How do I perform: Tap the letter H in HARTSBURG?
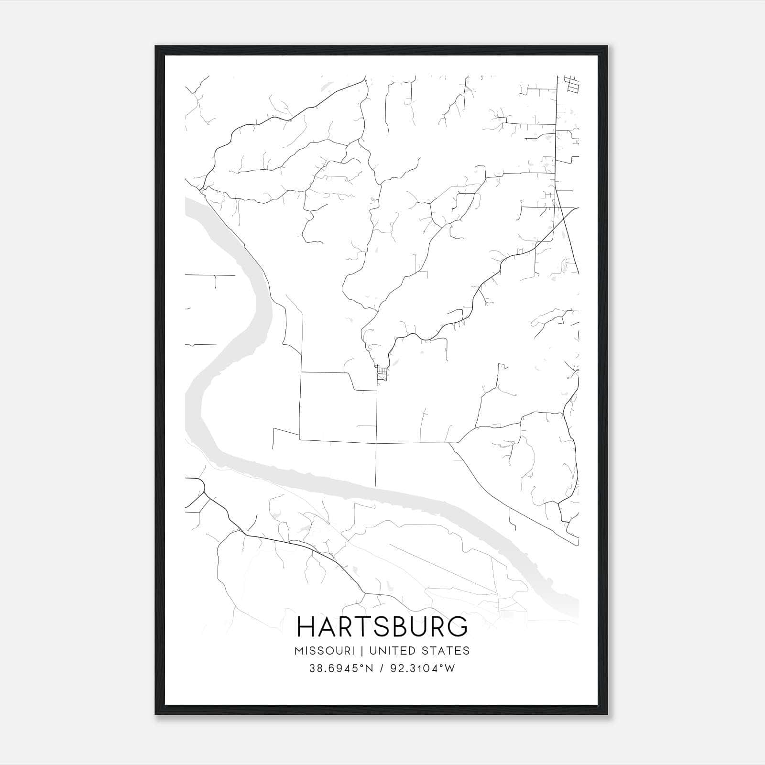point(306,626)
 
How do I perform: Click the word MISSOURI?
point(325,651)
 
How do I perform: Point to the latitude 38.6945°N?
point(340,668)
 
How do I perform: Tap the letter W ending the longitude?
point(450,668)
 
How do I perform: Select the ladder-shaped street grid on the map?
point(572,85)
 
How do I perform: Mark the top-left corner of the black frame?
point(156,46)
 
